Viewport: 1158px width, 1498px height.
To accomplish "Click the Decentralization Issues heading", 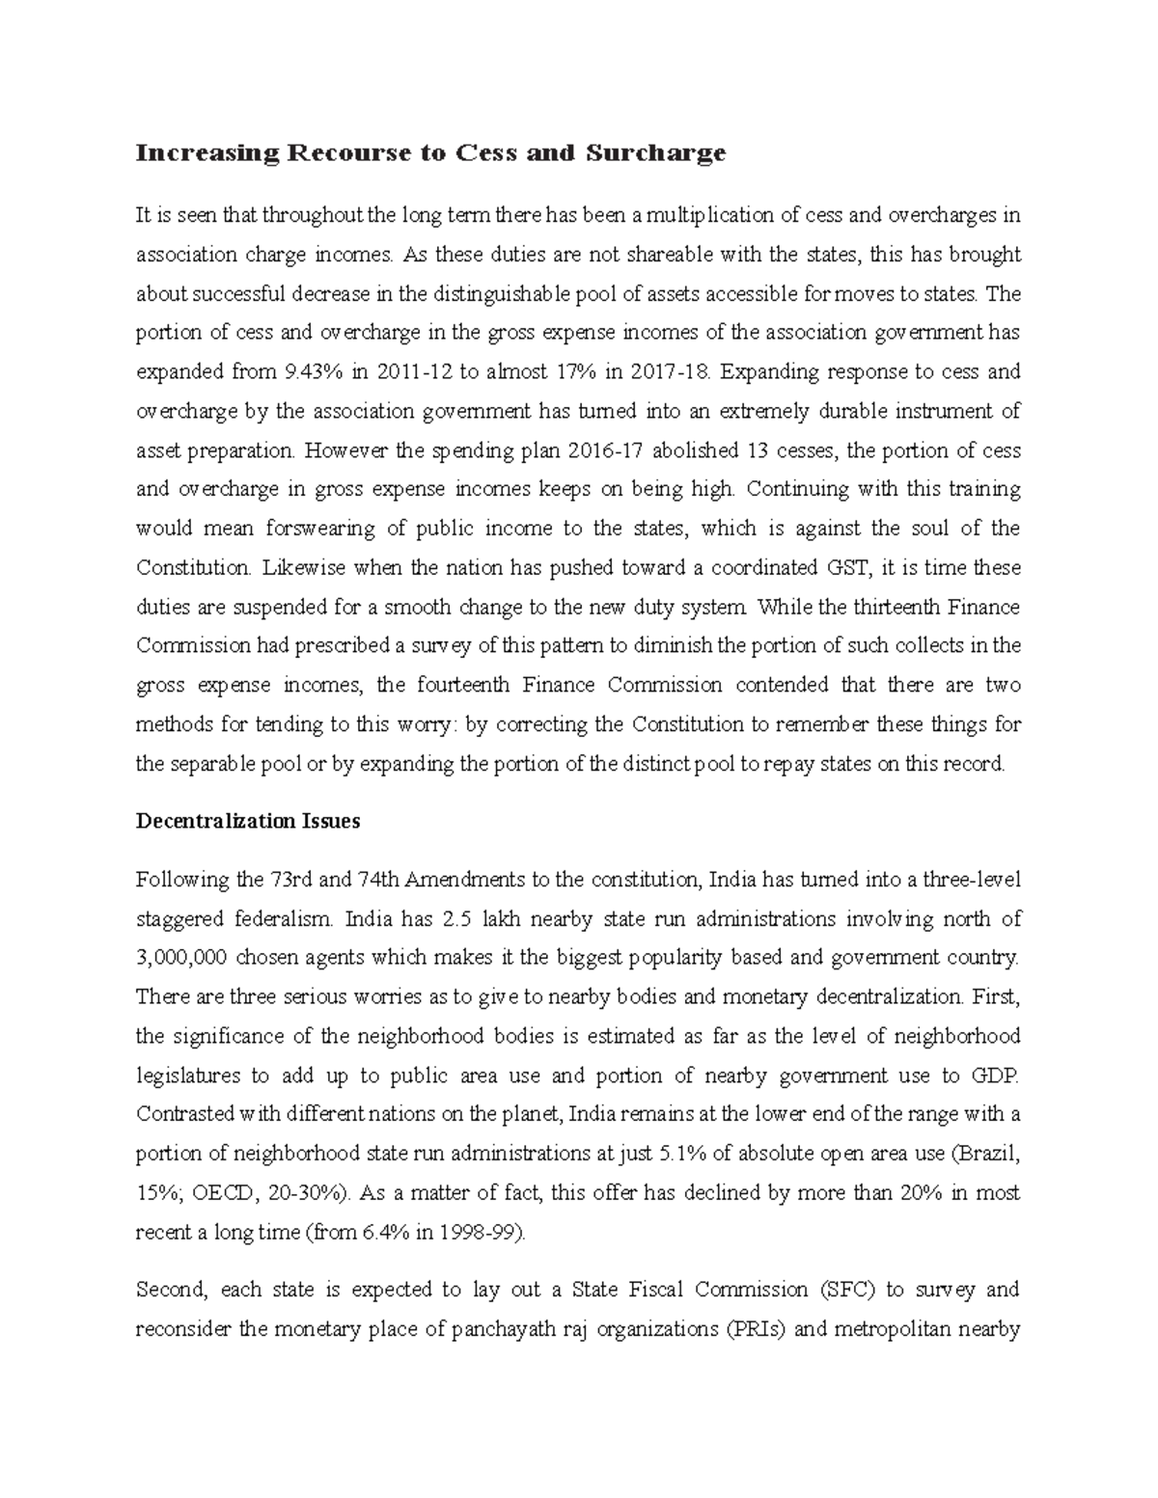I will click(248, 822).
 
